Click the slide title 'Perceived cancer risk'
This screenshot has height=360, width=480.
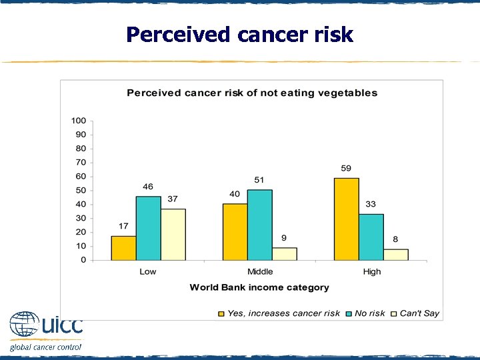click(x=239, y=35)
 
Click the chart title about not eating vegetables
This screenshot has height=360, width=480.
click(x=252, y=93)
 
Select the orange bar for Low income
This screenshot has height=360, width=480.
click(x=123, y=247)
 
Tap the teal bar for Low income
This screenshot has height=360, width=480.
click(x=148, y=228)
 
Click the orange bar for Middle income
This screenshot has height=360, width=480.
click(x=235, y=231)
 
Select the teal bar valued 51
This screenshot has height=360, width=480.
click(x=259, y=225)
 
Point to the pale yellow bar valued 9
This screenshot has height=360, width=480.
click(x=284, y=253)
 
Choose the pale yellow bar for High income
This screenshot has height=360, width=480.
click(x=395, y=254)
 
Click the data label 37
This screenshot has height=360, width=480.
click(x=173, y=199)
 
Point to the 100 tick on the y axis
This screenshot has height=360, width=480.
click(x=79, y=121)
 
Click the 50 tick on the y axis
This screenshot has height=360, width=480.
click(x=81, y=191)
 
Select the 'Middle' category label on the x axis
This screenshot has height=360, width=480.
click(x=259, y=271)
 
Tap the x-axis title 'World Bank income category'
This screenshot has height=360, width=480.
click(x=259, y=287)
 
